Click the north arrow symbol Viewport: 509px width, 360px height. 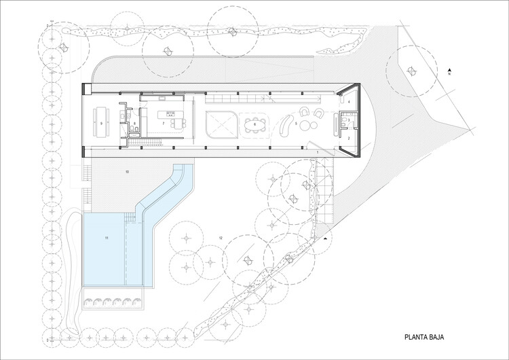(x=449, y=70)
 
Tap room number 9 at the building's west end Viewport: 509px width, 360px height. (x=100, y=124)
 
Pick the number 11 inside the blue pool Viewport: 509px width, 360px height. (x=107, y=238)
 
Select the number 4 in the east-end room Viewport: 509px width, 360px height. (x=348, y=101)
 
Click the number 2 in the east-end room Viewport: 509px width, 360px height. (x=348, y=138)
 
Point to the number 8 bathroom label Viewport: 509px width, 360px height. (x=135, y=124)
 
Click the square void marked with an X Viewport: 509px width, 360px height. (x=219, y=125)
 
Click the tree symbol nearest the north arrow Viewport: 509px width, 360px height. (x=411, y=69)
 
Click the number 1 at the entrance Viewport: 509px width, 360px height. (x=317, y=153)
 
